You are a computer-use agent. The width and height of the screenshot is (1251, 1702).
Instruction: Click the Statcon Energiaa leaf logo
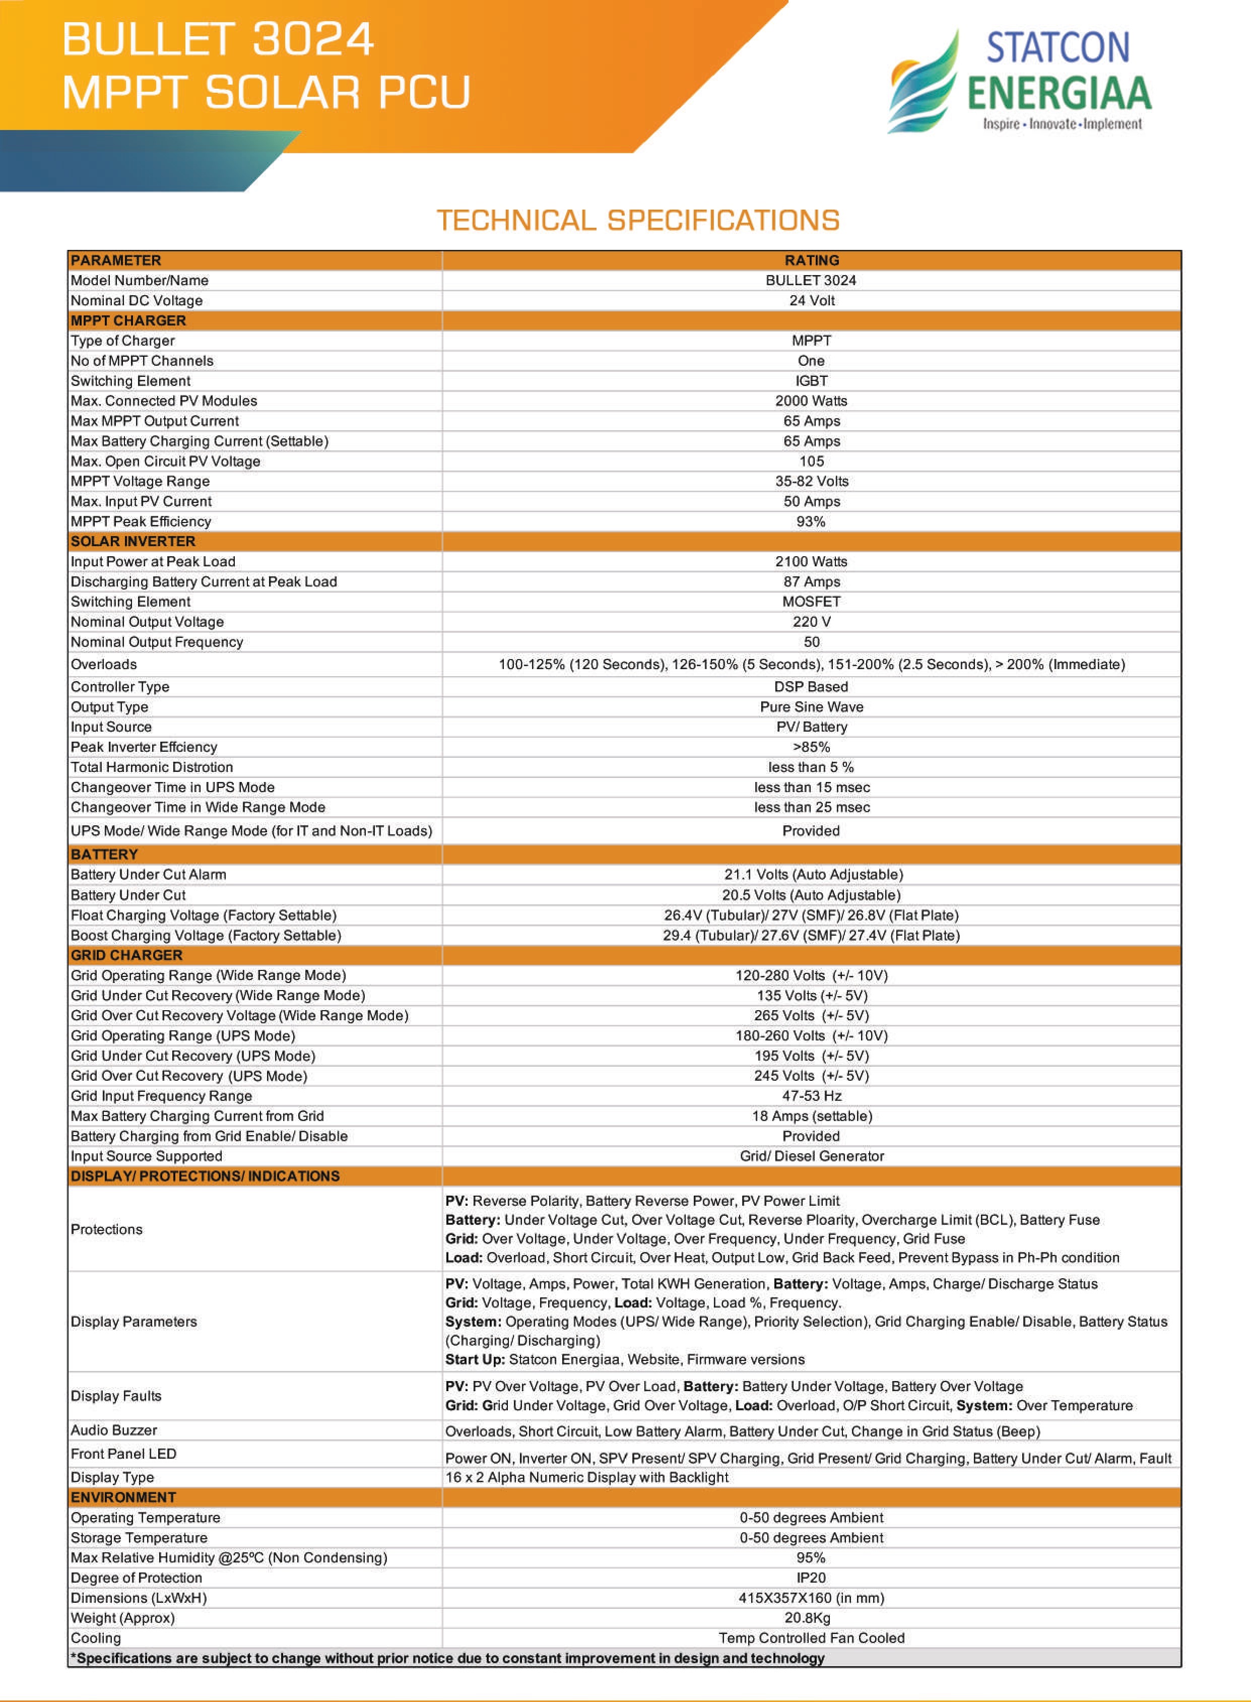(x=924, y=83)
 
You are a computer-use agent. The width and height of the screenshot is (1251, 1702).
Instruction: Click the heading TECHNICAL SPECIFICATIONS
(x=638, y=220)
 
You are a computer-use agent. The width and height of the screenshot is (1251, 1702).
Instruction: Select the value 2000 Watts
(x=811, y=401)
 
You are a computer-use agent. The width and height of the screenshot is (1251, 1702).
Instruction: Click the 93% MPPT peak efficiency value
(x=811, y=521)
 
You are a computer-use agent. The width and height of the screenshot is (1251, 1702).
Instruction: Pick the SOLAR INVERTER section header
(x=134, y=541)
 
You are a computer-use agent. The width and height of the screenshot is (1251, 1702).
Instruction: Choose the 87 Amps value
(x=811, y=581)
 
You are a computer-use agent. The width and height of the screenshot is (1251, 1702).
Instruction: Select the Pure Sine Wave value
(x=811, y=707)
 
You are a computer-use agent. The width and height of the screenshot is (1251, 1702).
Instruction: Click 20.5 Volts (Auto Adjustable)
(x=811, y=895)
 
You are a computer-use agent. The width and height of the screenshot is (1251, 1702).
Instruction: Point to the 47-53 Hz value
(x=811, y=1095)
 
